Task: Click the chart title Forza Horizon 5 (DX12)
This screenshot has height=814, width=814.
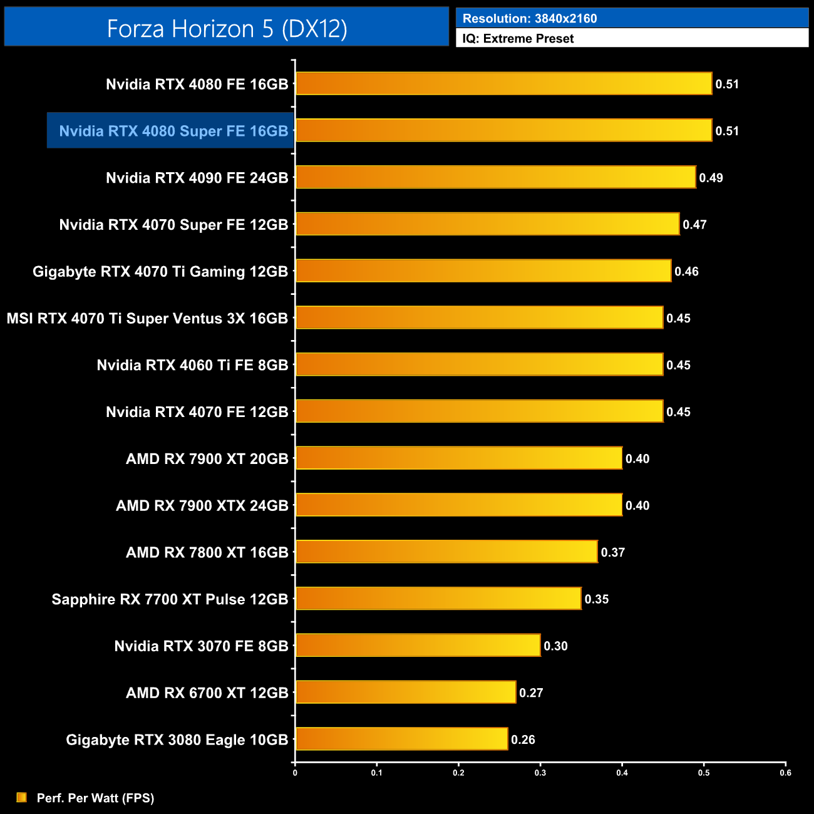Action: tap(227, 29)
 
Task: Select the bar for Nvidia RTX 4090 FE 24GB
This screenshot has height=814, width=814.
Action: tap(495, 177)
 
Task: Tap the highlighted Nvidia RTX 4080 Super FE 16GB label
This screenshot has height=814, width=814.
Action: tap(173, 131)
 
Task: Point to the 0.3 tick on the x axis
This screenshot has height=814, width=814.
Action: tap(540, 772)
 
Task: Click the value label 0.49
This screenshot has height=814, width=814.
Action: tap(711, 178)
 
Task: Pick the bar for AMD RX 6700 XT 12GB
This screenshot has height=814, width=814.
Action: tap(406, 692)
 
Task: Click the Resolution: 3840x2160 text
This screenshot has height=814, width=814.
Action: tap(530, 19)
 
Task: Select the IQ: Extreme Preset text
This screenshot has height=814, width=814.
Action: tap(518, 39)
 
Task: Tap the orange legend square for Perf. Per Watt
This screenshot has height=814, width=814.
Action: tap(22, 797)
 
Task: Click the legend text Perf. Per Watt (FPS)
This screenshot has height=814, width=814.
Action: tap(95, 798)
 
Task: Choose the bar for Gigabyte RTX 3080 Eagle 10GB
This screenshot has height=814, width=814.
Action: tap(401, 739)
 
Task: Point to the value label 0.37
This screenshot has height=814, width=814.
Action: tap(612, 552)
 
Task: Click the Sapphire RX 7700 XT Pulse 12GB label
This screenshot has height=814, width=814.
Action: tap(170, 599)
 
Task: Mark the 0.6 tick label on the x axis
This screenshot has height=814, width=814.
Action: tap(785, 772)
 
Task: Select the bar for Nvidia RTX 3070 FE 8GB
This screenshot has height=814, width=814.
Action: tap(418, 645)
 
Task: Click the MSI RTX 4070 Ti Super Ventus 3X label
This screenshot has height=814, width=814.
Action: tap(147, 318)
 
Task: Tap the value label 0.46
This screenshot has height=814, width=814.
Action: tap(686, 271)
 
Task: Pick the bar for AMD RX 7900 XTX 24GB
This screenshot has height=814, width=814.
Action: tap(459, 505)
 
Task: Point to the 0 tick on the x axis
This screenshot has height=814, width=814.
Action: tap(295, 772)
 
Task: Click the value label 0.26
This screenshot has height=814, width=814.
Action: tap(523, 739)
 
